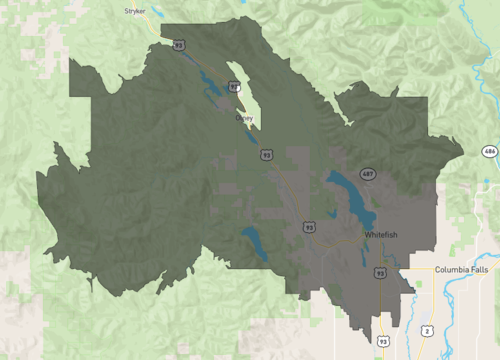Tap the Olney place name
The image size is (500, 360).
(244, 118)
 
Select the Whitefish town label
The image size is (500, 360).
(381, 234)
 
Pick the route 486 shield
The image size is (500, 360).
(488, 151)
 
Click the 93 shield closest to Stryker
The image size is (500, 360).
(178, 44)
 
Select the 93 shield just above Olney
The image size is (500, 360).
(235, 87)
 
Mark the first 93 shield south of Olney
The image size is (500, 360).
(266, 155)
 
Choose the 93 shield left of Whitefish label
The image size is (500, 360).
(308, 227)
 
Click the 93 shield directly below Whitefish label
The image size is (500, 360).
(380, 272)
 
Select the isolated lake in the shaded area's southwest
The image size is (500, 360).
(255, 243)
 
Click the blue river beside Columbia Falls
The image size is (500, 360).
(456, 300)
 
